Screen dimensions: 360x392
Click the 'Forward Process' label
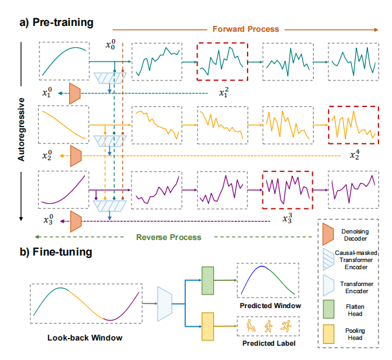[x=245, y=29]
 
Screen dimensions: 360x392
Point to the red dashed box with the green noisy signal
[x=221, y=62]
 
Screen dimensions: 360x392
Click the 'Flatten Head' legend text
[x=356, y=310]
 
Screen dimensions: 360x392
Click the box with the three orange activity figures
[x=268, y=326]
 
